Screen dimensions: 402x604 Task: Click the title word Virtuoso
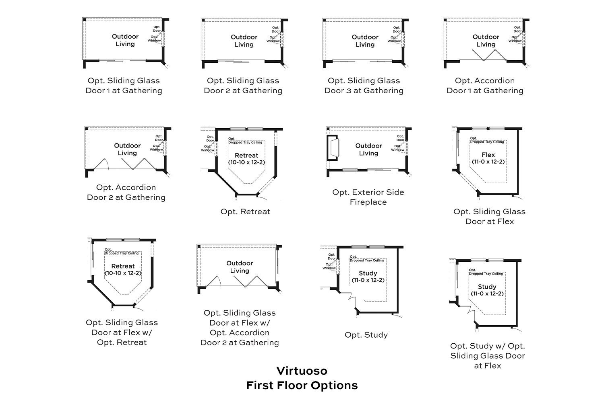[x=302, y=370]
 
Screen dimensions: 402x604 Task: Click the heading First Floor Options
[x=302, y=385]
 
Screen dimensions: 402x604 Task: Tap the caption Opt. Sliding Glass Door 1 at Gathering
[x=124, y=86]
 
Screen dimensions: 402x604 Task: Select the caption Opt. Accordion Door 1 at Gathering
[x=485, y=86]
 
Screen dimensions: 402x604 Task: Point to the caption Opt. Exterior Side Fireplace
[x=368, y=197]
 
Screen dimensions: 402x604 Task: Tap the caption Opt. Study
[x=366, y=335]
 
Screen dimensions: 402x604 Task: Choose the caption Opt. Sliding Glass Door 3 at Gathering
[x=364, y=86]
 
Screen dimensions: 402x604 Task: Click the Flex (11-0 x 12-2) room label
[x=488, y=158]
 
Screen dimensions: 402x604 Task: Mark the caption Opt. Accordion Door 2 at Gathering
[x=126, y=192]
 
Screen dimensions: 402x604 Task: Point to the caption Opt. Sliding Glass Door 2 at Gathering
[x=243, y=86]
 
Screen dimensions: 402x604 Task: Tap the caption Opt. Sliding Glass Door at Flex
[x=489, y=216]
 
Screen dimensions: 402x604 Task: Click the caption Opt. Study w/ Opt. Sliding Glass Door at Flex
[x=487, y=355]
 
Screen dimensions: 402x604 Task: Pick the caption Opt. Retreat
[x=245, y=211]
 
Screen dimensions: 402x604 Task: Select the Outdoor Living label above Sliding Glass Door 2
[x=244, y=41]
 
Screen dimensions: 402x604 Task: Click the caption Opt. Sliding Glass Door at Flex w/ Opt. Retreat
[x=122, y=332]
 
